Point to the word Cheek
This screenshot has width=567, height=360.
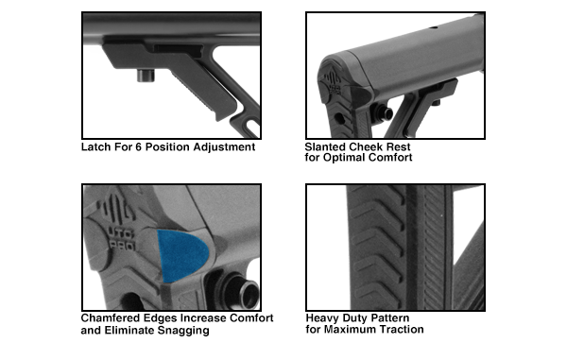369,146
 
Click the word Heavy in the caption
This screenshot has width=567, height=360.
322,318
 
